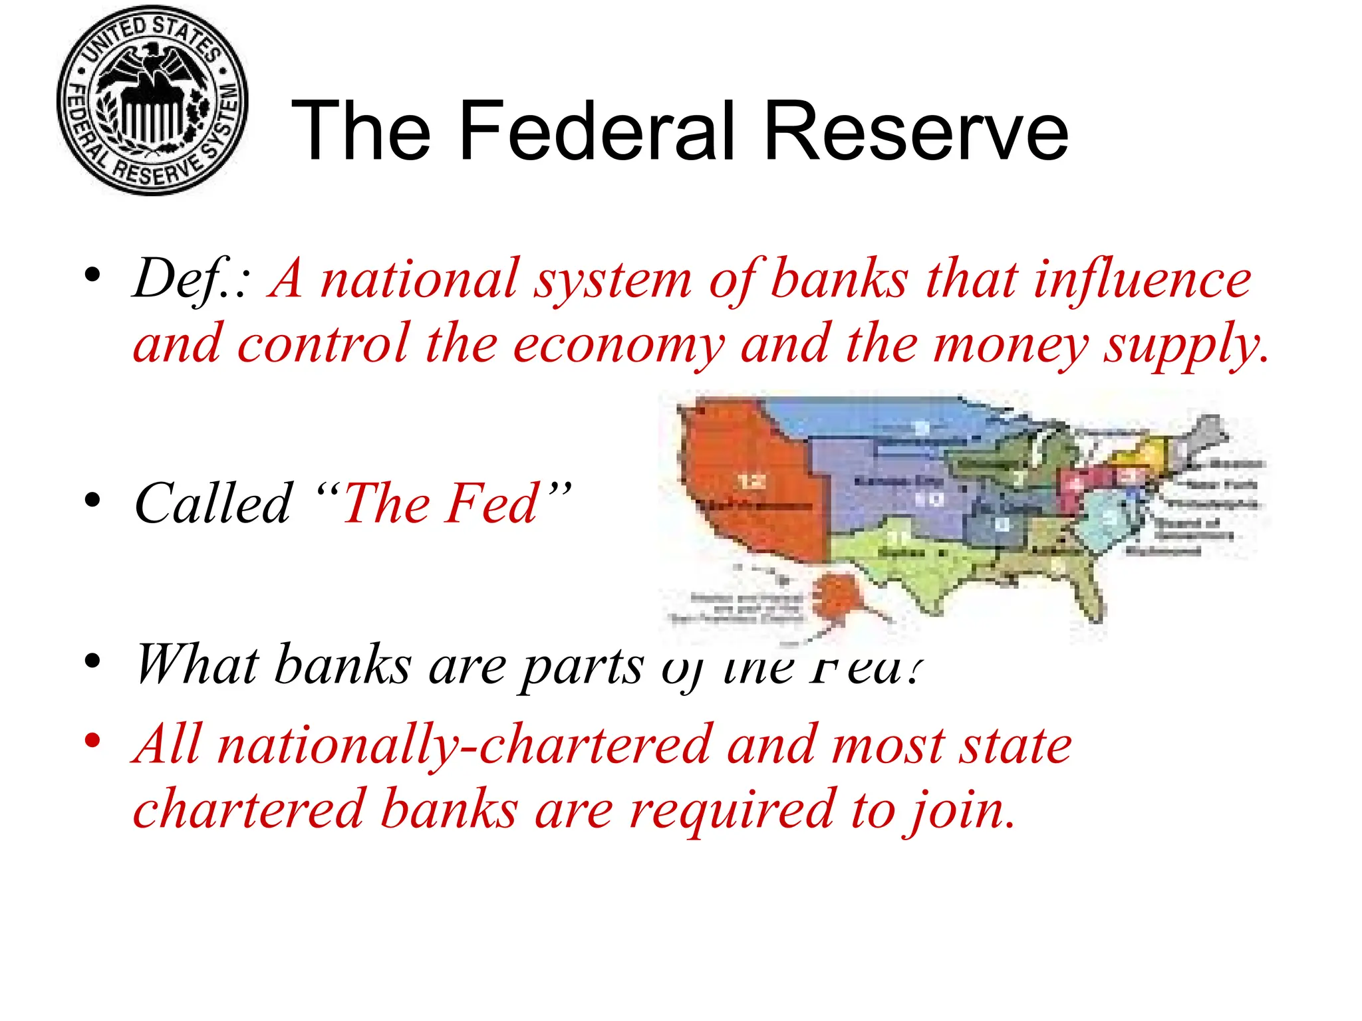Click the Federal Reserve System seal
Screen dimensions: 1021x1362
click(152, 101)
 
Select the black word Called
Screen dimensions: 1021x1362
click(213, 503)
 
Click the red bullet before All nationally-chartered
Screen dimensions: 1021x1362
click(92, 740)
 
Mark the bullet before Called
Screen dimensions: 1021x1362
click(92, 499)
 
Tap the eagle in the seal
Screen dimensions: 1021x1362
click(153, 73)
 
